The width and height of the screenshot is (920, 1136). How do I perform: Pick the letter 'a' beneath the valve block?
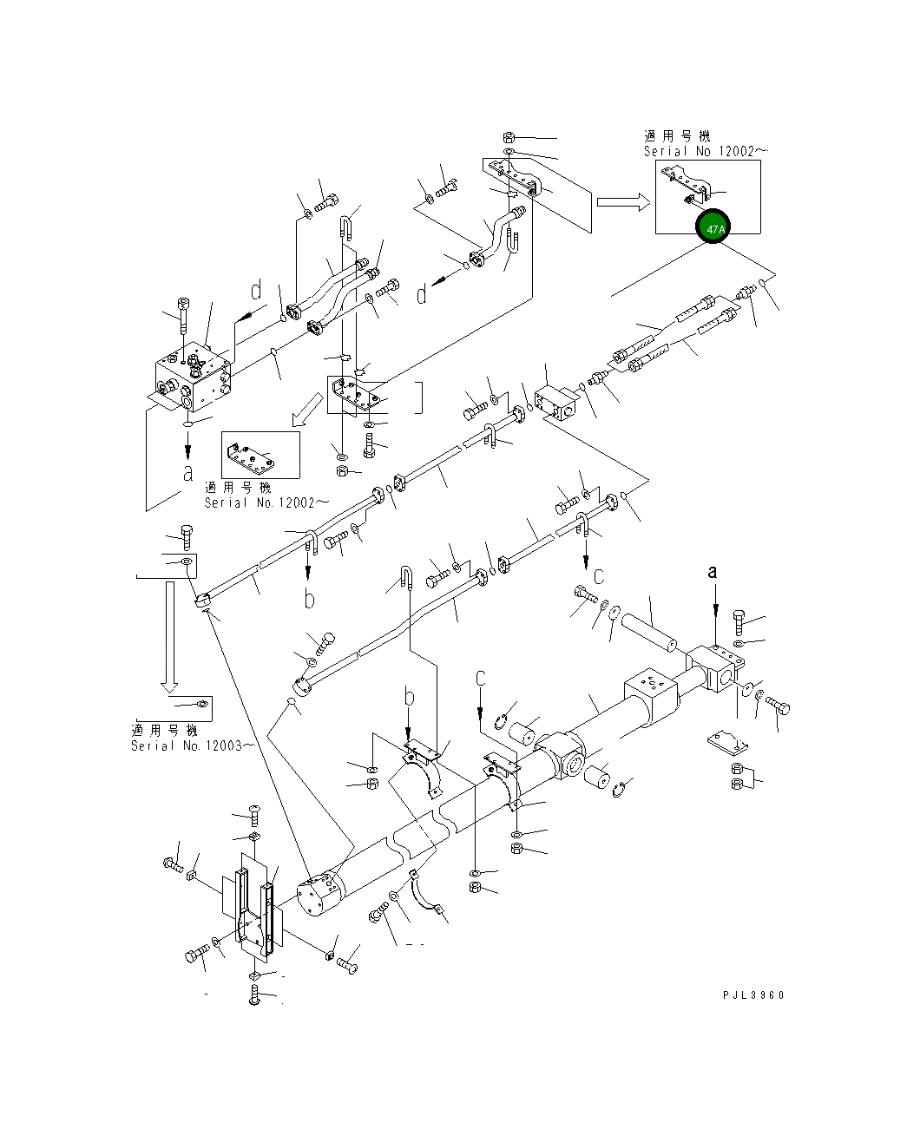tap(187, 474)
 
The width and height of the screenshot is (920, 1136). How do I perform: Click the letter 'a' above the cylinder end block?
tap(713, 571)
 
